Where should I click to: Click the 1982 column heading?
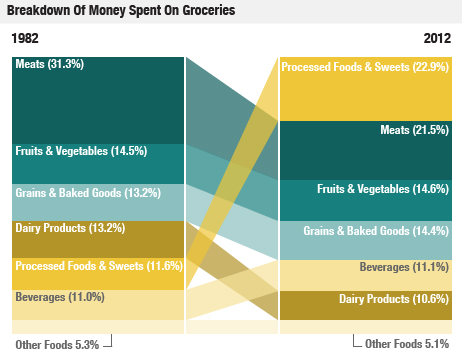coord(25,38)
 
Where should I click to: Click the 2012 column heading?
coord(437,38)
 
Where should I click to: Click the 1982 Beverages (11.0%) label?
coord(59,297)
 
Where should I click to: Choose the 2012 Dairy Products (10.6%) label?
coord(393,299)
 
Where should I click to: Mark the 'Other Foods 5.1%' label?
coord(408,344)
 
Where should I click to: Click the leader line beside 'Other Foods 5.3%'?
coord(108,342)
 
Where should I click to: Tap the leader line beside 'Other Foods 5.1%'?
coord(355,342)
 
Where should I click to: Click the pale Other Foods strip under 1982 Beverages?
coord(98,327)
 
